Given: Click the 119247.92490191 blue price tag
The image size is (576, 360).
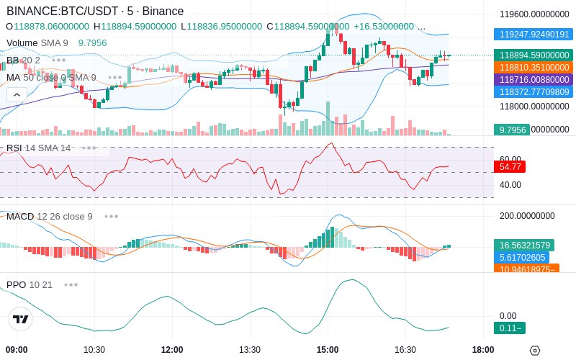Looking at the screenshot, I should point(533,34).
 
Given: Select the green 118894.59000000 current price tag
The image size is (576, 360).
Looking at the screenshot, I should point(533,55).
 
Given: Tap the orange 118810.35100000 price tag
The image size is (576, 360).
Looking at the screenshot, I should point(533,67).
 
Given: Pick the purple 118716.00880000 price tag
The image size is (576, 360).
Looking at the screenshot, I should point(533,79).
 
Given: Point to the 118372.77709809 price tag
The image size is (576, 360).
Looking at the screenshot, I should point(533,91).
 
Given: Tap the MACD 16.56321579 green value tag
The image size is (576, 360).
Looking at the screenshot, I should point(523,245).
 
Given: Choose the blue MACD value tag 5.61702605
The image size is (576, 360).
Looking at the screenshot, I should point(523,257).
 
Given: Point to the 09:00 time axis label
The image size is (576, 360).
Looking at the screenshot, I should point(16,350).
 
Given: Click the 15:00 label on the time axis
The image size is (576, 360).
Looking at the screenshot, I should point(328,350).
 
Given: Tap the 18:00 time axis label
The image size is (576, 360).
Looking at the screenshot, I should point(483,350).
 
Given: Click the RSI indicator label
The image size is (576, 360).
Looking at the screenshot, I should point(14,148).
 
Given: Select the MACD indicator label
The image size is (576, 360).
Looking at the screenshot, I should point(20,217).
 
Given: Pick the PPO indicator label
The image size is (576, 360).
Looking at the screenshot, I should point(16,284).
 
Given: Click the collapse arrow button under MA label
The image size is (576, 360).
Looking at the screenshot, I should point(17,94).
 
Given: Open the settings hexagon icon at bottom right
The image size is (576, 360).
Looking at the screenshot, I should point(534,351).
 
